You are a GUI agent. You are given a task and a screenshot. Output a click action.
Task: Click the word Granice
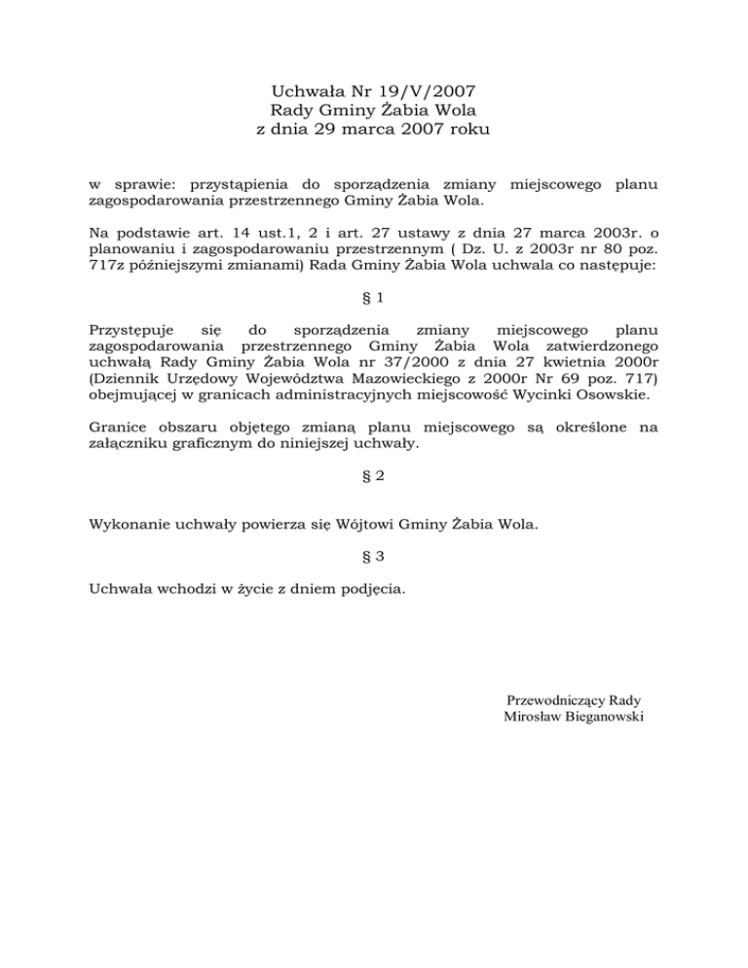120,426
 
